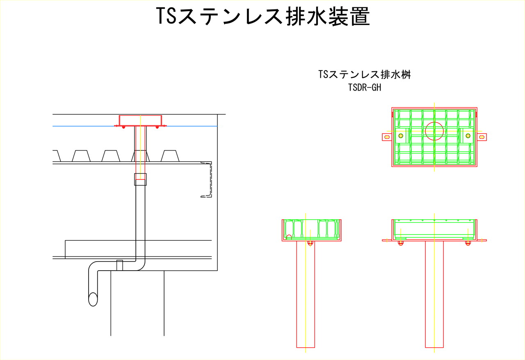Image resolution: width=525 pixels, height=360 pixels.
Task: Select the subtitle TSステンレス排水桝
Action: pos(364,75)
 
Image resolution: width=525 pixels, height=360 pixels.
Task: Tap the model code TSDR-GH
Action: pos(364,87)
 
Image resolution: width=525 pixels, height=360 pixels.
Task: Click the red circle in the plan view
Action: pos(434,131)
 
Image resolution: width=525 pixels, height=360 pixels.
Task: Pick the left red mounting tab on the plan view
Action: pos(387,137)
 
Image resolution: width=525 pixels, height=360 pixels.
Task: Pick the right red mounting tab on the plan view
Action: pos(482,137)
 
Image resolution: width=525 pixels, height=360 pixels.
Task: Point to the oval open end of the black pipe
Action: pos(93,299)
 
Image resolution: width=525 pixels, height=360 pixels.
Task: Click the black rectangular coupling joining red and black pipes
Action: pos(140,179)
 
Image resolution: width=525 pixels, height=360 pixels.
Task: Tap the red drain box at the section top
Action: pos(140,120)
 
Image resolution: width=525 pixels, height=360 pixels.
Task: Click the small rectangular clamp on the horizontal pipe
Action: pos(120,265)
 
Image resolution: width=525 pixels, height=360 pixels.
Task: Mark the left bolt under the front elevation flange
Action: pos(401,243)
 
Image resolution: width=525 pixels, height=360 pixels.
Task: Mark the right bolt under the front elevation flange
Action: pos(468,243)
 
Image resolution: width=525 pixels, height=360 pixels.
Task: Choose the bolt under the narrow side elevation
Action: pos(310,243)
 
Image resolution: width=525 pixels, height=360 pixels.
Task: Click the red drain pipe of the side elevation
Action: pos(306,295)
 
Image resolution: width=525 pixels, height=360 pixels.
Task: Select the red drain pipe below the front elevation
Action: pos(434,295)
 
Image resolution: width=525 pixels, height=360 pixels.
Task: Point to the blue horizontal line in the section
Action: pos(82,126)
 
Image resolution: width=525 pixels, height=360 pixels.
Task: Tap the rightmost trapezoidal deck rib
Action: pos(170,156)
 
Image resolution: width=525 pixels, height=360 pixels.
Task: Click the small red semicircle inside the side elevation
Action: pos(289,237)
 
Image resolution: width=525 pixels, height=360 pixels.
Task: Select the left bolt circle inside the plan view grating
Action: pos(401,136)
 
